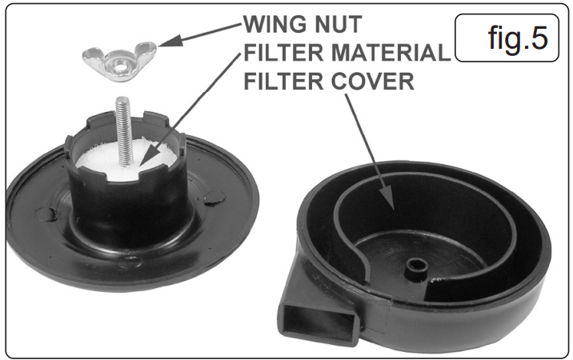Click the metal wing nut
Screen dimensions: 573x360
[x=119, y=61]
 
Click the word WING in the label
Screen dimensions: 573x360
[x=275, y=24]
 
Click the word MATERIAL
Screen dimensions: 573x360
[x=391, y=52]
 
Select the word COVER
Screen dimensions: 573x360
[x=373, y=81]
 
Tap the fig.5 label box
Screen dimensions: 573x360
[x=507, y=38]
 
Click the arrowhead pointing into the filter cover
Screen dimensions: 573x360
[x=387, y=199]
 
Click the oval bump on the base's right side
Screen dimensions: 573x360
[x=214, y=198]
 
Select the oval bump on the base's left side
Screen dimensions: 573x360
[x=46, y=214]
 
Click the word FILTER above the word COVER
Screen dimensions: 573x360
[x=283, y=81]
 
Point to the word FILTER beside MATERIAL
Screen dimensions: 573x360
[x=283, y=52]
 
